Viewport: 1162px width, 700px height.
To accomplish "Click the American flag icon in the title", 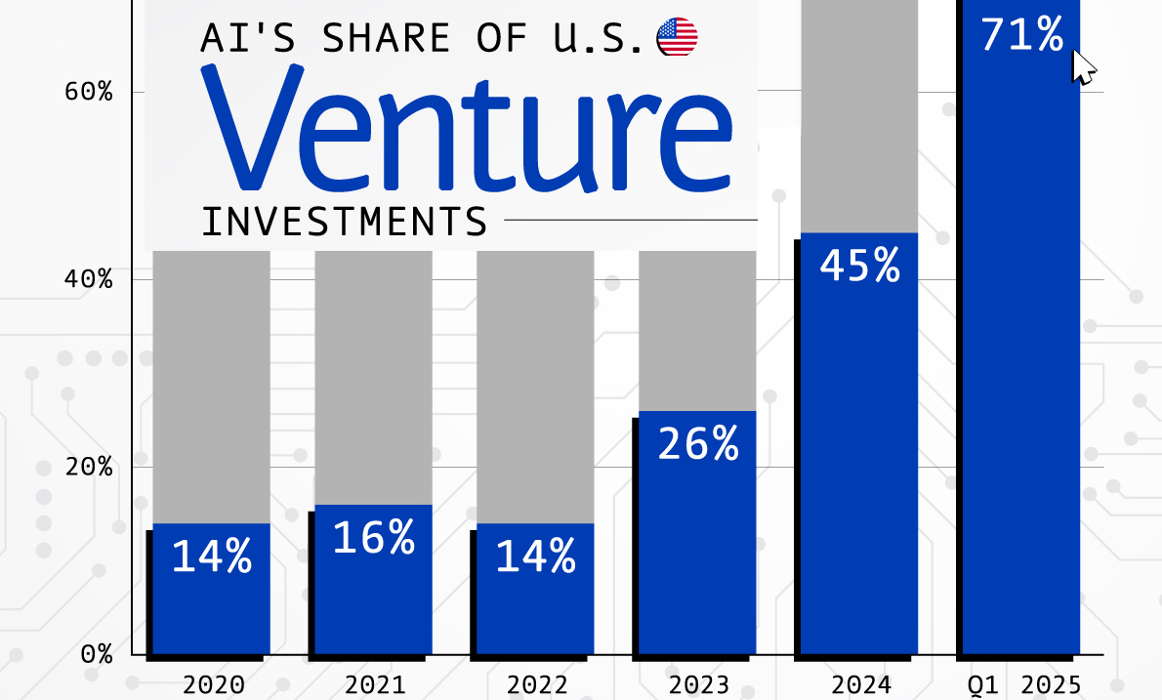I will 677,37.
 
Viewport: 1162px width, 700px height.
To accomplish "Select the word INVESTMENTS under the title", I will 344,223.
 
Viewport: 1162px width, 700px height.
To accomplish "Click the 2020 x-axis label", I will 212,683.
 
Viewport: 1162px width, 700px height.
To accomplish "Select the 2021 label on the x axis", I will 373,683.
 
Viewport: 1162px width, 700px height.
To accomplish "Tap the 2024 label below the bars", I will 858,683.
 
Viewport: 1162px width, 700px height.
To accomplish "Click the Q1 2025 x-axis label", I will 1020,683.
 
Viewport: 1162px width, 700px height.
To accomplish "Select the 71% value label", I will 1022,35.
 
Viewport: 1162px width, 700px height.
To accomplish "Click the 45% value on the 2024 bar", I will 859,266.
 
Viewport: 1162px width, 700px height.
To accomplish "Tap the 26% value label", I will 698,444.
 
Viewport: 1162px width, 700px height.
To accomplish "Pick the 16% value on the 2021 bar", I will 374,538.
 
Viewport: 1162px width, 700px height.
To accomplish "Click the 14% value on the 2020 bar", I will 212,556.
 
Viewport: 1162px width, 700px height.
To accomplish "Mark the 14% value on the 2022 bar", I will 535,556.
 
